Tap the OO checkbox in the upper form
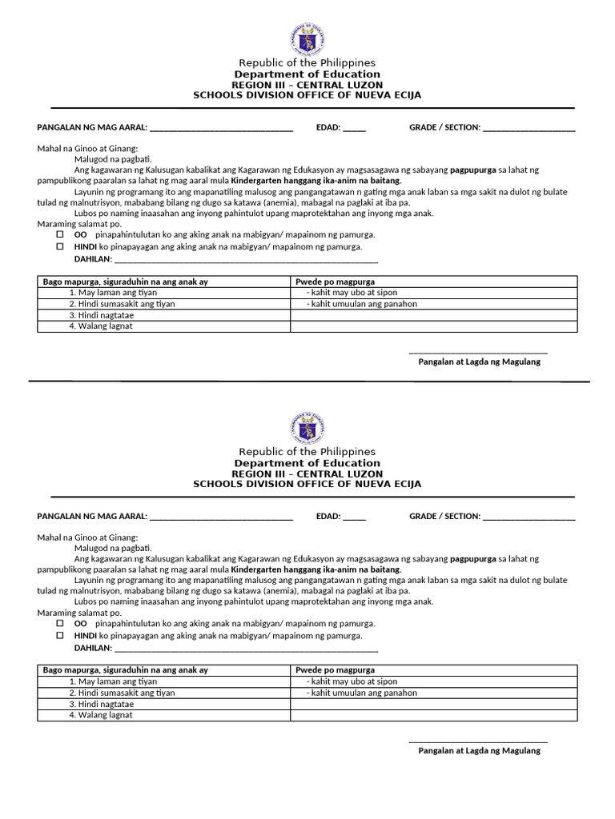tap(60, 235)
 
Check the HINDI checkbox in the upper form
tap(60, 247)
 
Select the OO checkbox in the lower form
tap(60, 624)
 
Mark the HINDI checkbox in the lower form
tap(60, 636)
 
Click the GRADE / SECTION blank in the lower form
tap(529, 517)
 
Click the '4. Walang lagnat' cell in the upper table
tap(101, 326)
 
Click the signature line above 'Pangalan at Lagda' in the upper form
tap(478, 352)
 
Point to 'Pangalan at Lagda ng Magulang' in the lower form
tap(479, 751)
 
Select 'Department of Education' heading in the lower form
tap(307, 463)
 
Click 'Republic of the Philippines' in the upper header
tap(307, 63)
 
